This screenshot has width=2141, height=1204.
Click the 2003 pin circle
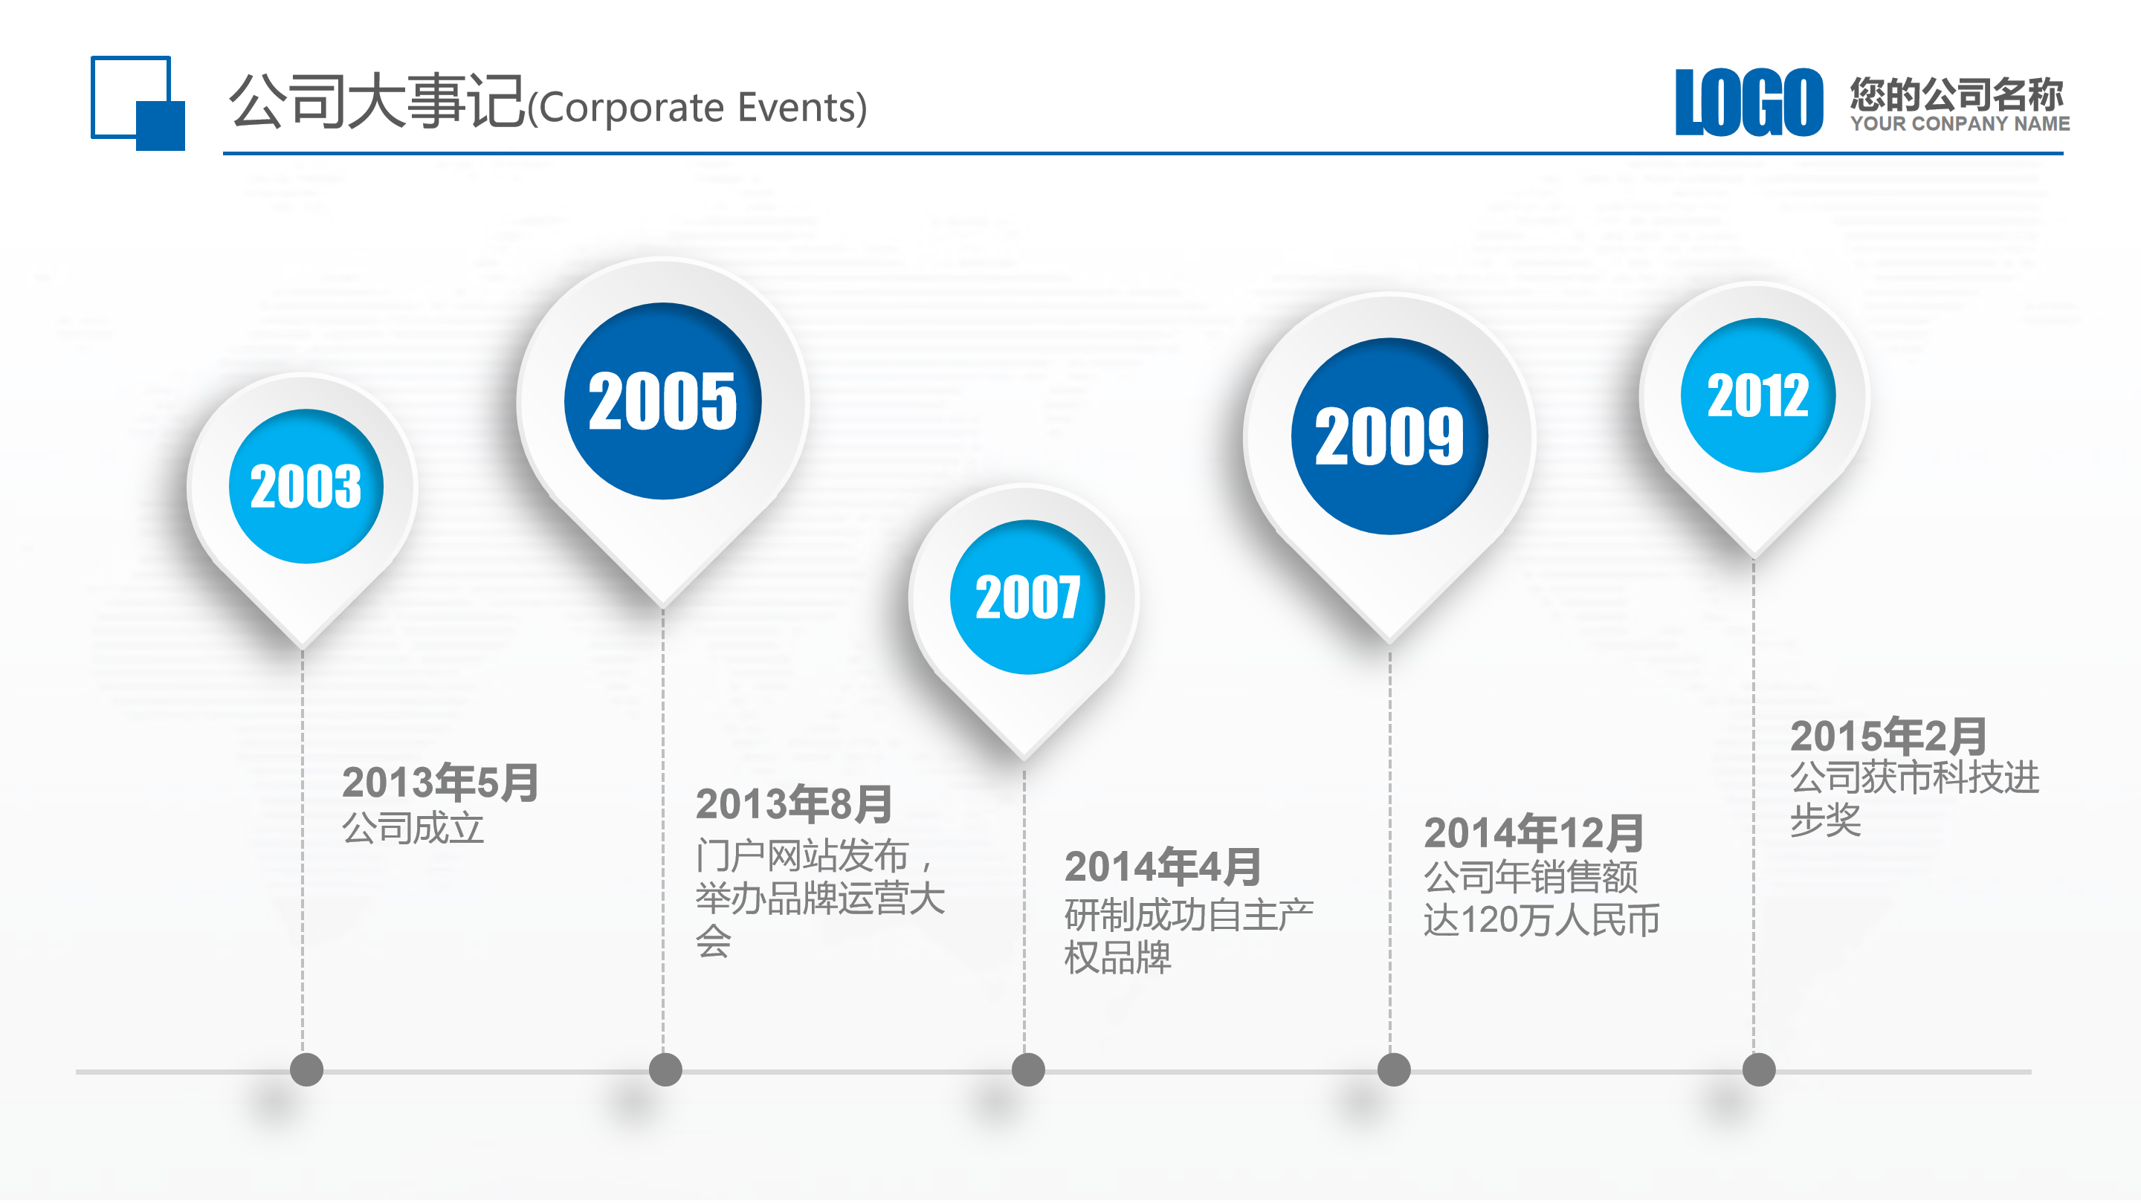pyautogui.click(x=306, y=486)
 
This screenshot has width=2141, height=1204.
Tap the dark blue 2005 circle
pyautogui.click(x=662, y=401)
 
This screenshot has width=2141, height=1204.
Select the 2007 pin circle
pyautogui.click(x=1027, y=597)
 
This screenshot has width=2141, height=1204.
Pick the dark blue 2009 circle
pyautogui.click(x=1389, y=436)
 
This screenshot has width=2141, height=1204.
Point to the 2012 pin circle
pyautogui.click(x=1758, y=395)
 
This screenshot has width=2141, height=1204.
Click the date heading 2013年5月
pyautogui.click(x=439, y=783)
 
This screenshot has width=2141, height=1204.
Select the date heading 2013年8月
pyautogui.click(x=794, y=803)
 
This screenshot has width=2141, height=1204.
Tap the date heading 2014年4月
pyautogui.click(x=1163, y=867)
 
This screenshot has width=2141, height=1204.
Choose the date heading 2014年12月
pyautogui.click(x=1534, y=832)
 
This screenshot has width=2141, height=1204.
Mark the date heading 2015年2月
pyautogui.click(x=1887, y=735)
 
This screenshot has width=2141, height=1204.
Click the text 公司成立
pyautogui.click(x=413, y=829)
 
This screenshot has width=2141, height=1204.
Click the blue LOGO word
pyautogui.click(x=1748, y=103)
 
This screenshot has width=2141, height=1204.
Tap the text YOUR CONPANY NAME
pyautogui.click(x=1959, y=124)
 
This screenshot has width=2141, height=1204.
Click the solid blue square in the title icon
pyautogui.click(x=161, y=126)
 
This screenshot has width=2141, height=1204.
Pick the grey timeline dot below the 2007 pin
pyautogui.click(x=1028, y=1069)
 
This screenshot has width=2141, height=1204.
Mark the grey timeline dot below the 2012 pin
pyautogui.click(x=1759, y=1069)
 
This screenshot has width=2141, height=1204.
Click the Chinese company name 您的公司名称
pyautogui.click(x=1957, y=94)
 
